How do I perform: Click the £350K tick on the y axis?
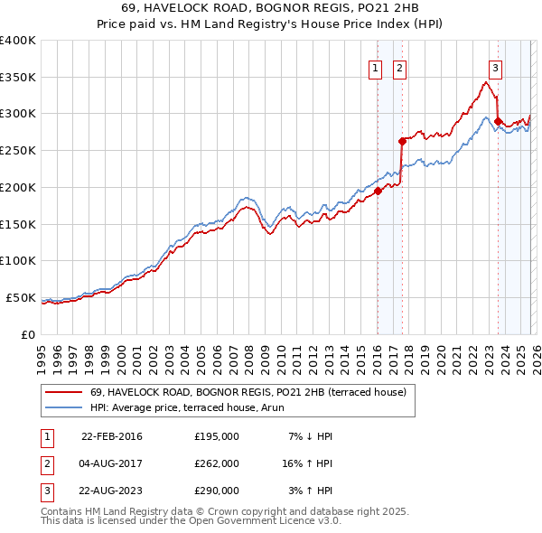tap(18, 78)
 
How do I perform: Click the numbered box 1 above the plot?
tap(375, 66)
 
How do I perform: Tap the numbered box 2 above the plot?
tap(399, 66)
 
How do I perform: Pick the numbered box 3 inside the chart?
tap(496, 66)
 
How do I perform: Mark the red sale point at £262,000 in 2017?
tap(402, 141)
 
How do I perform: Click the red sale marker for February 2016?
tap(378, 190)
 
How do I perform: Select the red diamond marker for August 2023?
tap(499, 120)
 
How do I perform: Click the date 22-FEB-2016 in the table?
tap(111, 436)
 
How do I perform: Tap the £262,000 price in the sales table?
tap(217, 463)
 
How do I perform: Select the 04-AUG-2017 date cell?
tap(111, 463)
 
